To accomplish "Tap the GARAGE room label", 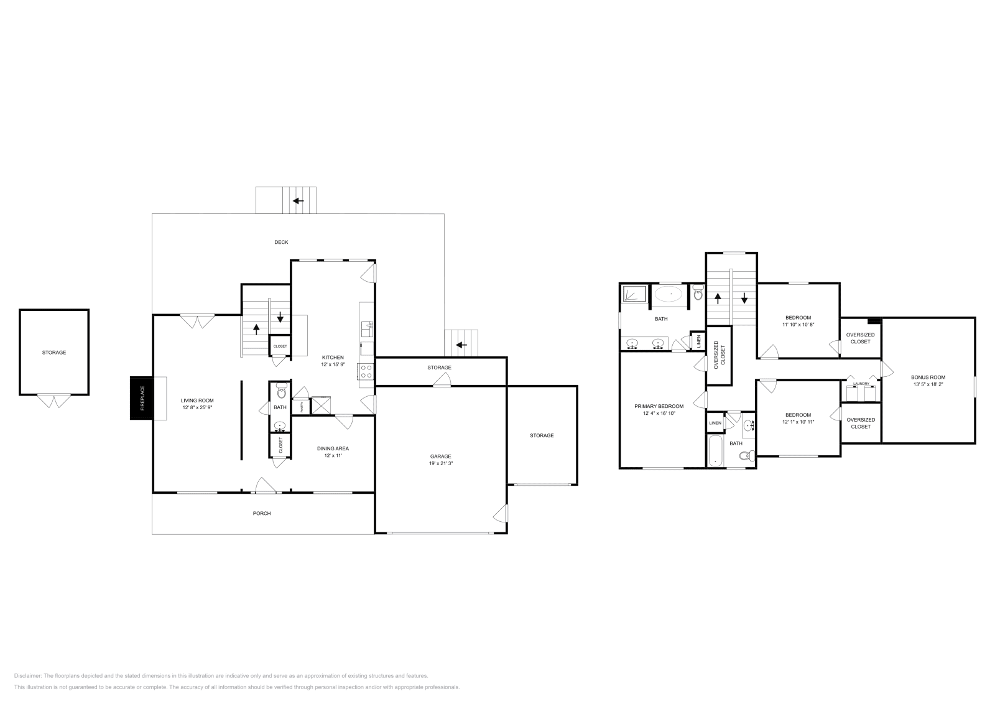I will click(x=440, y=456).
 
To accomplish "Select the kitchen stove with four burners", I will click(x=366, y=371).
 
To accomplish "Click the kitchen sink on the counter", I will click(x=368, y=325).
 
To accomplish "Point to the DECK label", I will click(x=281, y=242).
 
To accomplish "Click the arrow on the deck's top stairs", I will click(x=299, y=200).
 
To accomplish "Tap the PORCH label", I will click(x=262, y=513).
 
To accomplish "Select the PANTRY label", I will click(x=302, y=407).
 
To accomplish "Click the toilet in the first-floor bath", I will click(x=281, y=392).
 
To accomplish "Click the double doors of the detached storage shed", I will click(x=54, y=401).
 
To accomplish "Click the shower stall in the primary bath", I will click(x=634, y=294).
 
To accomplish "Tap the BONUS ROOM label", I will click(x=928, y=377).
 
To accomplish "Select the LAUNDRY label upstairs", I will click(x=861, y=384).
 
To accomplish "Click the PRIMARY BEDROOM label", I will click(x=659, y=406).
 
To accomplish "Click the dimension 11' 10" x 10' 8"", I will click(x=798, y=325).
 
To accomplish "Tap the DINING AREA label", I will click(x=333, y=448).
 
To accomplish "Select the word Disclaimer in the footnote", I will click(x=27, y=675).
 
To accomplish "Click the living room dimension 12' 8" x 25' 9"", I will click(x=197, y=407).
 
